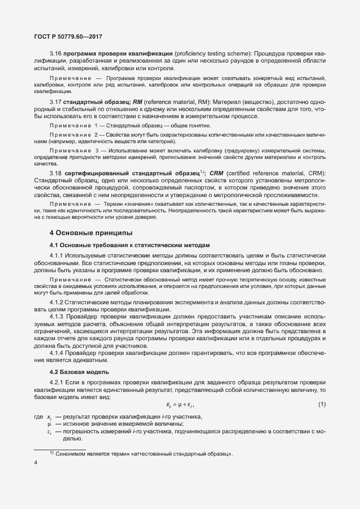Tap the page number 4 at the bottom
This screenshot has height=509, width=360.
click(35, 463)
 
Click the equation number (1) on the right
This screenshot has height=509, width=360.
click(321, 404)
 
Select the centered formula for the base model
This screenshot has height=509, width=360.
click(180, 404)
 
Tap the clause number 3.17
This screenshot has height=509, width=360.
click(55, 102)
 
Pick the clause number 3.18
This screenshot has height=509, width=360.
click(55, 173)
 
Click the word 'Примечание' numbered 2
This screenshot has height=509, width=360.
click(70, 134)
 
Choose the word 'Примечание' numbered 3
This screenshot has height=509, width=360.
click(70, 150)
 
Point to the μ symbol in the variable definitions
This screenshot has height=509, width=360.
click(49, 424)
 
